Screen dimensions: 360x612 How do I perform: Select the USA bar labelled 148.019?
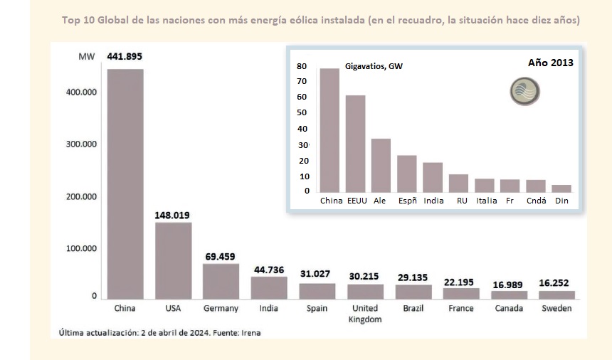[x=173, y=260]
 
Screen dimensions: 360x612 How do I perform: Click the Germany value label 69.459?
[x=221, y=256]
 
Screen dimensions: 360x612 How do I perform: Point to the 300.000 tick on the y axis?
[x=84, y=144]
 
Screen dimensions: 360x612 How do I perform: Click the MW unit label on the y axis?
[x=86, y=56]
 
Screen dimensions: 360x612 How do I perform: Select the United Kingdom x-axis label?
[x=365, y=314]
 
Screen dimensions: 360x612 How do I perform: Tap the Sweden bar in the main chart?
[x=556, y=295]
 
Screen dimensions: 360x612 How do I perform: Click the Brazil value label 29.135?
[x=413, y=277]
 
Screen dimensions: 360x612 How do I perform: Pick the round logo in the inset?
[x=524, y=92]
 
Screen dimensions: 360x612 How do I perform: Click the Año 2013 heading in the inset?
[x=550, y=63]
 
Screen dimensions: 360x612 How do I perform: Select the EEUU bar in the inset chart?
[x=355, y=143]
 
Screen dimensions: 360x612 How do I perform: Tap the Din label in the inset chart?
[x=561, y=201]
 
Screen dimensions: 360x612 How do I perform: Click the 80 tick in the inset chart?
[x=302, y=66]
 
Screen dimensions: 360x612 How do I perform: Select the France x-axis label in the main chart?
[x=461, y=309]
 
